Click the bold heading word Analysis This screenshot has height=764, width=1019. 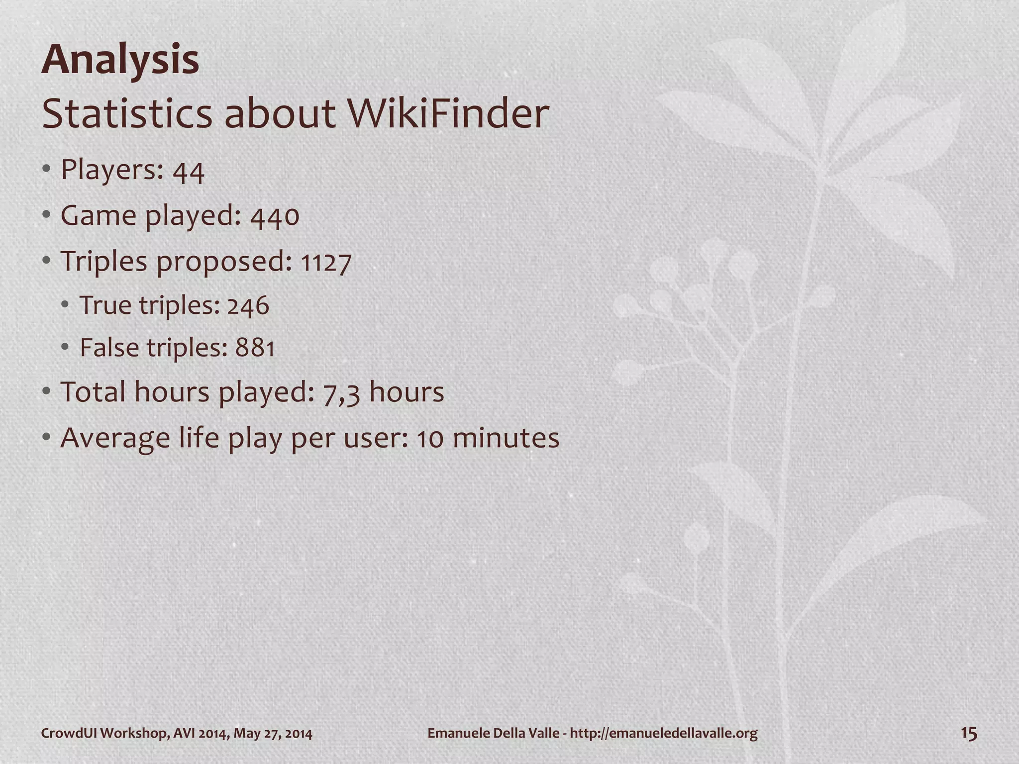pyautogui.click(x=120, y=61)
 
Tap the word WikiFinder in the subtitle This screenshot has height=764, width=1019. pyautogui.click(x=448, y=114)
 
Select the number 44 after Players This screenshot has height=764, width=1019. pyautogui.click(x=189, y=172)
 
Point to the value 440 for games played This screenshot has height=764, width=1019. pyautogui.click(x=275, y=217)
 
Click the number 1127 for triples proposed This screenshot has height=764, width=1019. pyautogui.click(x=326, y=262)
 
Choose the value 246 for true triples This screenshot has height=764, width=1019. pyautogui.click(x=248, y=306)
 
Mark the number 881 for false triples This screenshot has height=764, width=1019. pyautogui.click(x=255, y=348)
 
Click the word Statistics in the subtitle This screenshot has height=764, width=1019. pyautogui.click(x=127, y=114)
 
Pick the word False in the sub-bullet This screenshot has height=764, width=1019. pyautogui.click(x=109, y=348)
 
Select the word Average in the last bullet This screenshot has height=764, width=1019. pyautogui.click(x=115, y=438)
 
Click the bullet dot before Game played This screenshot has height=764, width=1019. pyautogui.click(x=46, y=215)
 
